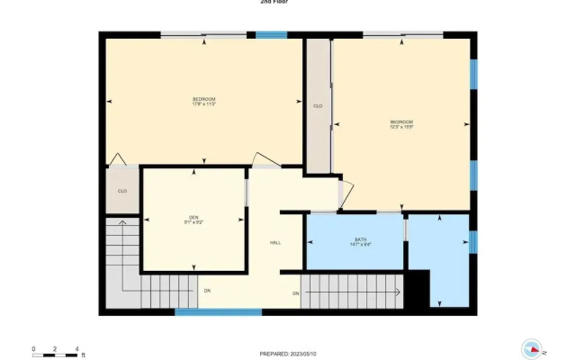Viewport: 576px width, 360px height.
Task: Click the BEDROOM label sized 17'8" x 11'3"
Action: pyautogui.click(x=204, y=102)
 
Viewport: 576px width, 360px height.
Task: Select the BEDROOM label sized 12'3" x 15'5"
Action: pyautogui.click(x=401, y=124)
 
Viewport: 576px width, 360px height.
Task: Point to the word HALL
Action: pyautogui.click(x=275, y=243)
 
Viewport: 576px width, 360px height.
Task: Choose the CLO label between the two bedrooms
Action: pyautogui.click(x=318, y=106)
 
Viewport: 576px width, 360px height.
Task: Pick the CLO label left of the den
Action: pyautogui.click(x=122, y=191)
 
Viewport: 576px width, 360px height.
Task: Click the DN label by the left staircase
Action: pyautogui.click(x=207, y=291)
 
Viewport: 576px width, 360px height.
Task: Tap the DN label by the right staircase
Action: pyautogui.click(x=295, y=294)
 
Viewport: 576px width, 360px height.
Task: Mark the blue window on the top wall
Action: pyautogui.click(x=271, y=35)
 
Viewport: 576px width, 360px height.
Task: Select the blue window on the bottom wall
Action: pyautogui.click(x=218, y=312)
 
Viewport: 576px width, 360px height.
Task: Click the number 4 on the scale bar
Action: pyautogui.click(x=77, y=348)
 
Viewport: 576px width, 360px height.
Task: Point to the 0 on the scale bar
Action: pyautogui.click(x=33, y=348)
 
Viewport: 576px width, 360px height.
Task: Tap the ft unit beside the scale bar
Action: pyautogui.click(x=82, y=355)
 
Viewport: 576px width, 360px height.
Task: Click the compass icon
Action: pyautogui.click(x=532, y=349)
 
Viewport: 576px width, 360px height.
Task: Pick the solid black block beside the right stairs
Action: pyautogui.click(x=416, y=290)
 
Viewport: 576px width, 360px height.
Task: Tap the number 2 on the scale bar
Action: pyautogui.click(x=56, y=348)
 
